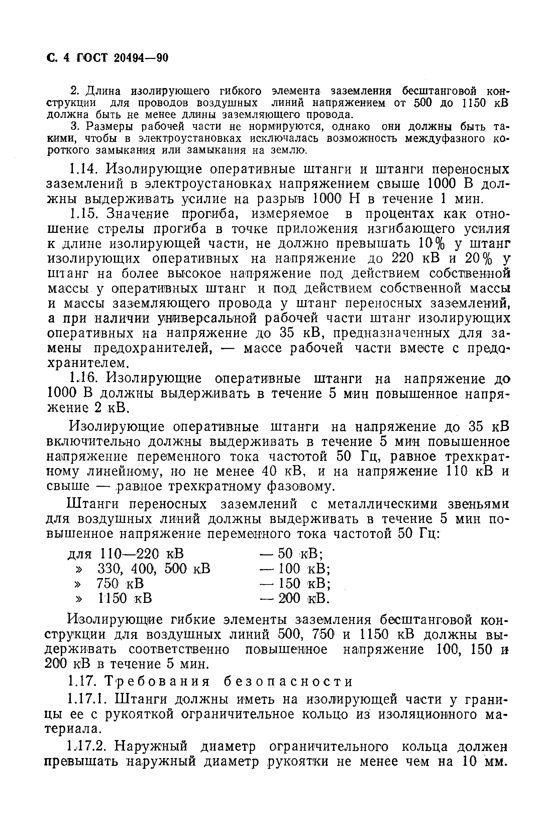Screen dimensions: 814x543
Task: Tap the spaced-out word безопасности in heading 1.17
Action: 288,682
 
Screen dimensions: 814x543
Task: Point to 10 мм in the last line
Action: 479,761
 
